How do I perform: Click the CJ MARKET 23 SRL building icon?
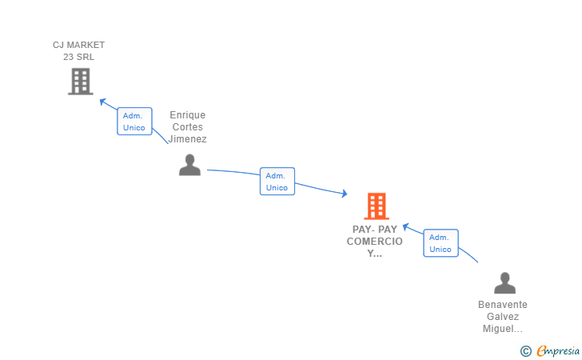tap(80, 81)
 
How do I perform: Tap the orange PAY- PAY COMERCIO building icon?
tap(376, 206)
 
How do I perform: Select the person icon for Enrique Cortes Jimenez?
tap(189, 165)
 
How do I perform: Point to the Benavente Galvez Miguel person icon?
tap(504, 283)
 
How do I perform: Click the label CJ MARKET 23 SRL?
tap(78, 50)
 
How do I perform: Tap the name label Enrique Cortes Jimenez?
tap(188, 127)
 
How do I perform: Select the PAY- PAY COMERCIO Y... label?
tap(375, 242)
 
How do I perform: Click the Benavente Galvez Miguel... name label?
tap(503, 317)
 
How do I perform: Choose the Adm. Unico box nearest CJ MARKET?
tap(134, 122)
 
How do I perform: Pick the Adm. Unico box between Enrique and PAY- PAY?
tap(277, 182)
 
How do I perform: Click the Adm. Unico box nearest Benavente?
tap(440, 243)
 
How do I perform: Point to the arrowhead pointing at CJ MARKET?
tap(102, 101)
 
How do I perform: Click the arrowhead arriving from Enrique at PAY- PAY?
tap(344, 194)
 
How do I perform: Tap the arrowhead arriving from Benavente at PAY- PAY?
tap(405, 226)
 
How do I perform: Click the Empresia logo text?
tap(552, 350)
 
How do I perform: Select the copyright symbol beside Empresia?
tap(525, 350)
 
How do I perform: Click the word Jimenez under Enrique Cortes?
tap(188, 139)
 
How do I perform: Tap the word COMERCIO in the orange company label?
tap(375, 242)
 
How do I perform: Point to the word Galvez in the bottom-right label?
tap(503, 317)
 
